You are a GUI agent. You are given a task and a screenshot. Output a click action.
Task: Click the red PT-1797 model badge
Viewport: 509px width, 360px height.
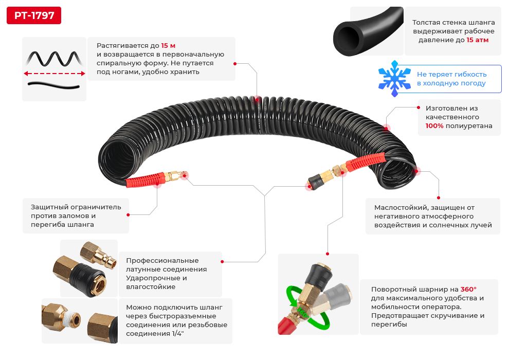(34, 15)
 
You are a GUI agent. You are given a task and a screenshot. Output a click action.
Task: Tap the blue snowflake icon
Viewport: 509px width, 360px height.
(395, 79)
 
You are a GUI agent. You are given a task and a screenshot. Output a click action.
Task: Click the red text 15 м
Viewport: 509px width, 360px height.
(168, 46)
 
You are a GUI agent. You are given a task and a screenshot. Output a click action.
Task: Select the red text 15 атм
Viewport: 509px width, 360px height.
(478, 40)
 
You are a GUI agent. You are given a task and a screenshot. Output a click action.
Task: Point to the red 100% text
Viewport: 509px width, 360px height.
(434, 126)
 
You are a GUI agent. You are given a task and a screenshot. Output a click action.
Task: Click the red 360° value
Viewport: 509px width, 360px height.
(468, 290)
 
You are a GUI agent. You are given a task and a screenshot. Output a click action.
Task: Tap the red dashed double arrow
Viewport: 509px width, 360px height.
(54, 74)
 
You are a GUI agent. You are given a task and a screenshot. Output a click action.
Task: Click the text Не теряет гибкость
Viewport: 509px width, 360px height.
(451, 74)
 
